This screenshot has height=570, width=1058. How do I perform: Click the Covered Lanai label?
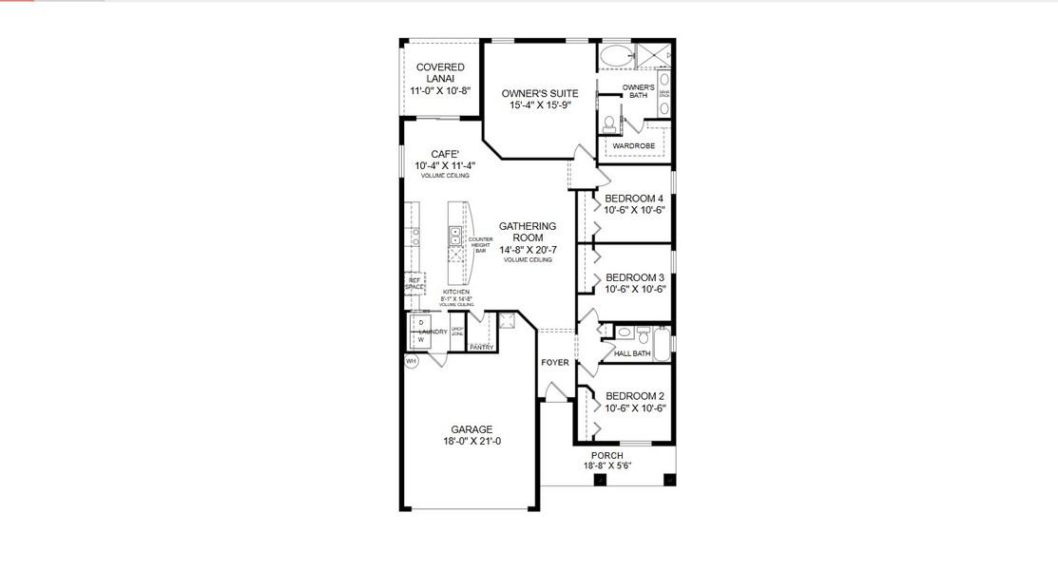(440, 72)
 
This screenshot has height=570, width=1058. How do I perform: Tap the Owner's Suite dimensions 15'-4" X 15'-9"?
(540, 105)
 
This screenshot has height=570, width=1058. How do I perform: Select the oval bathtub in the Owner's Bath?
(615, 55)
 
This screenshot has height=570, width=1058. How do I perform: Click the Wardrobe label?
(632, 145)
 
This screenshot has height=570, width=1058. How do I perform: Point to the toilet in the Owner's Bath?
(609, 124)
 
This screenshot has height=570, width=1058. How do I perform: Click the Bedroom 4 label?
(634, 199)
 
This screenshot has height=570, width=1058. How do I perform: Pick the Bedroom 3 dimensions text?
(635, 290)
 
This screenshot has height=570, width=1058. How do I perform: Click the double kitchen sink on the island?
(455, 236)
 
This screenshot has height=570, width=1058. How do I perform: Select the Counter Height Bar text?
(480, 244)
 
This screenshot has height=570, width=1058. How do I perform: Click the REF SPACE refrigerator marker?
(414, 283)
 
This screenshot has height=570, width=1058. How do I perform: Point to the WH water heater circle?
(412, 362)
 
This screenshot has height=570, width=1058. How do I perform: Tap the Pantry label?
(481, 348)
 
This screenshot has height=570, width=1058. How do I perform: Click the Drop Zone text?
(457, 332)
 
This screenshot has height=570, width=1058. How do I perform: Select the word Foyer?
(555, 363)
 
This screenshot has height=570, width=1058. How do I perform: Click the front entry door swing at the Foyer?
(555, 389)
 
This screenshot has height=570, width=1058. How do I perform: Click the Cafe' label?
(445, 154)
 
